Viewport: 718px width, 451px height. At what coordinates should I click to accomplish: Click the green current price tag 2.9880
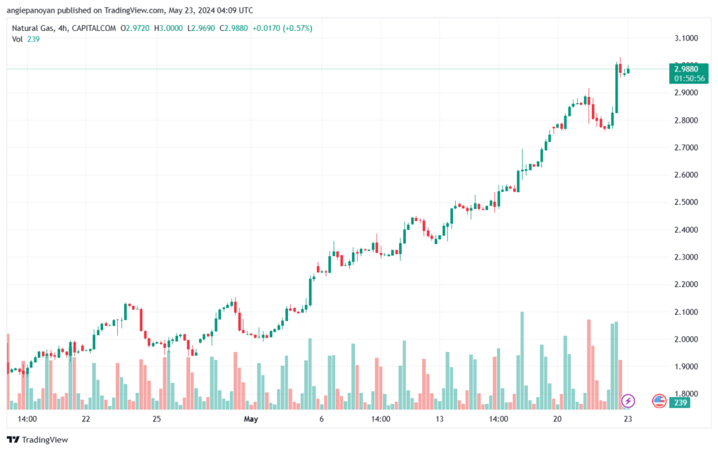(686, 69)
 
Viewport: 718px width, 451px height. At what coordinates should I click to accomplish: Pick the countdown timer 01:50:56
(690, 79)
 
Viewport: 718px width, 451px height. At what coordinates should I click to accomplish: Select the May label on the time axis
(251, 419)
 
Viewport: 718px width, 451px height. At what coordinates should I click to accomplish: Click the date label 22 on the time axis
(86, 419)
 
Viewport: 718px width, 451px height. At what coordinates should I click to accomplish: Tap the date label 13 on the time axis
(440, 419)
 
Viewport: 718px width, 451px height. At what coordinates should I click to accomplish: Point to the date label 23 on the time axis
(630, 419)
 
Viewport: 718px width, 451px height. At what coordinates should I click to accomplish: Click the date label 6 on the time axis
(321, 419)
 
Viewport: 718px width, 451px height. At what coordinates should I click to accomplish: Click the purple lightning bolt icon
(629, 400)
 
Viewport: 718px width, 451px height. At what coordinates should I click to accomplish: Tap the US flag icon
(658, 400)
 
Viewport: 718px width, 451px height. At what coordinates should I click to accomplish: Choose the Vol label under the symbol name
(17, 39)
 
